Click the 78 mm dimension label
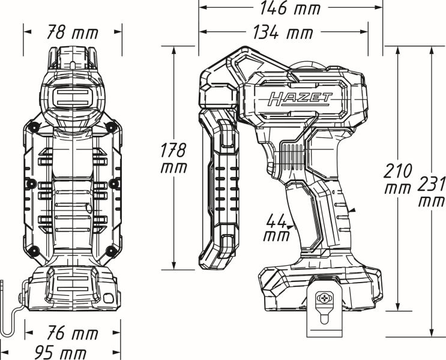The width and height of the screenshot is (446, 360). (x=72, y=33)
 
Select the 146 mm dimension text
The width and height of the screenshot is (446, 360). (x=289, y=8)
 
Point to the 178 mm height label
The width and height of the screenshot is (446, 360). (x=173, y=158)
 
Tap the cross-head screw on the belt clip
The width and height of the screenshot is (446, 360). (x=325, y=297)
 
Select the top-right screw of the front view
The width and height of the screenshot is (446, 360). (x=110, y=127)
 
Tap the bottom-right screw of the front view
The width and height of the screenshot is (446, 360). (x=110, y=250)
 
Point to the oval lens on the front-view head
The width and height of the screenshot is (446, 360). (x=72, y=97)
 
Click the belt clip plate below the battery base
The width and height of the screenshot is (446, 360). (x=325, y=309)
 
